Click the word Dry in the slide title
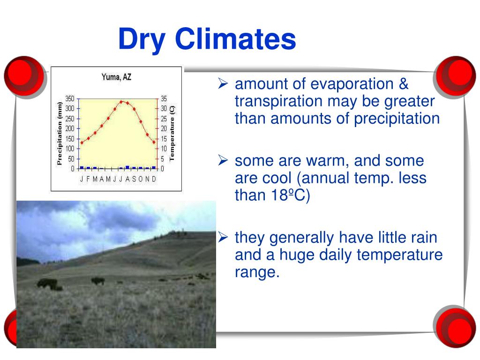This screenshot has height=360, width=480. (x=142, y=39)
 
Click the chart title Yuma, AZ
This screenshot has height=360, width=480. (x=116, y=77)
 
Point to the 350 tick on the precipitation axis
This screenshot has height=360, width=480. (x=69, y=98)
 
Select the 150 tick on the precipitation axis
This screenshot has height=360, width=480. (x=69, y=139)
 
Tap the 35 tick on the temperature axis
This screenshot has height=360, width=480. (x=164, y=98)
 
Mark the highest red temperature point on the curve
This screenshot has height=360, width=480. (x=122, y=101)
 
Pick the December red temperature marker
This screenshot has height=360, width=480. (x=154, y=142)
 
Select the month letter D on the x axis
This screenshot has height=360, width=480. (x=154, y=179)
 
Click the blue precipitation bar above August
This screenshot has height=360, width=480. (x=127, y=167)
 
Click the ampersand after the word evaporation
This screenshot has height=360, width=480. (x=404, y=84)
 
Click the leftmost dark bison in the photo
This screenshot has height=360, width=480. (x=47, y=283)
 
